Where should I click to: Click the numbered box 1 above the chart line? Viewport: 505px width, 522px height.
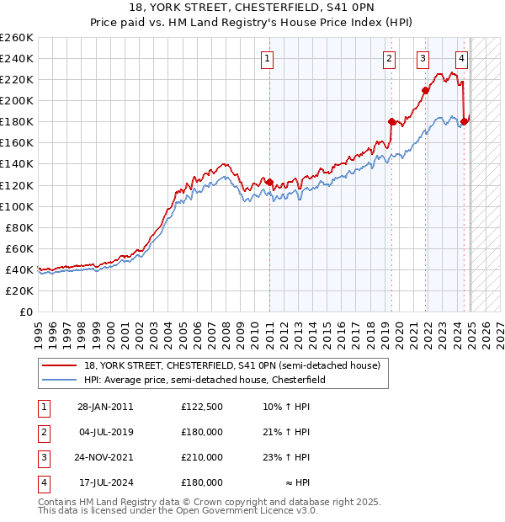tap(267, 58)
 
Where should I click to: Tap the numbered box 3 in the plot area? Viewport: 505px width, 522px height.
tap(422, 58)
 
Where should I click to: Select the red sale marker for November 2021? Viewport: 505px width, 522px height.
tap(426, 90)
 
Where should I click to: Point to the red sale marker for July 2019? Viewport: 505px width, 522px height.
tap(392, 121)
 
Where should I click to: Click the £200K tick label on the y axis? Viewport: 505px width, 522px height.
tap(17, 100)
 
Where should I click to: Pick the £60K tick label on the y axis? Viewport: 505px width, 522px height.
tap(19, 248)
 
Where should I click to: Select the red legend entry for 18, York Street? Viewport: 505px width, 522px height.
tap(231, 365)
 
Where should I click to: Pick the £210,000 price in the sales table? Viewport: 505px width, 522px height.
tap(202, 458)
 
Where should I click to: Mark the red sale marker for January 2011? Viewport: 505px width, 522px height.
tap(269, 182)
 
